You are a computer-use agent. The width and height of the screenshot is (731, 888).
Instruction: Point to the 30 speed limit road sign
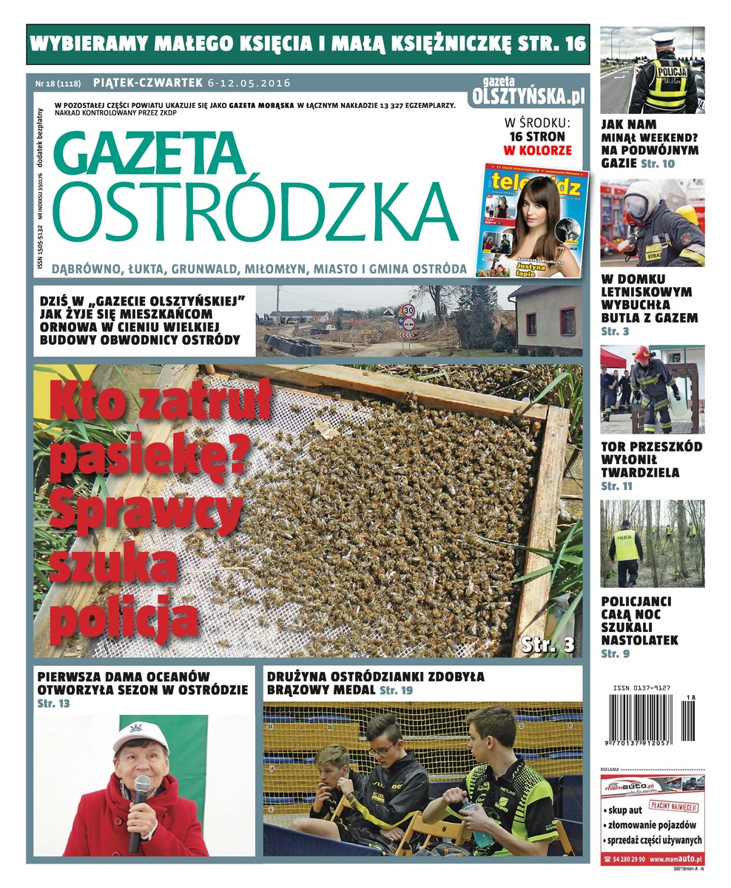pyautogui.click(x=408, y=310)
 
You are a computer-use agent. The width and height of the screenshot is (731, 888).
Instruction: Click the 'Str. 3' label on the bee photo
pyautogui.click(x=548, y=644)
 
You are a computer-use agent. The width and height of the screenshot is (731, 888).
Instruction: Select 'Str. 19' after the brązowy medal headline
pyautogui.click(x=397, y=690)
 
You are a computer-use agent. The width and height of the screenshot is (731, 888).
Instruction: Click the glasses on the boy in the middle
pyautogui.click(x=383, y=749)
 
